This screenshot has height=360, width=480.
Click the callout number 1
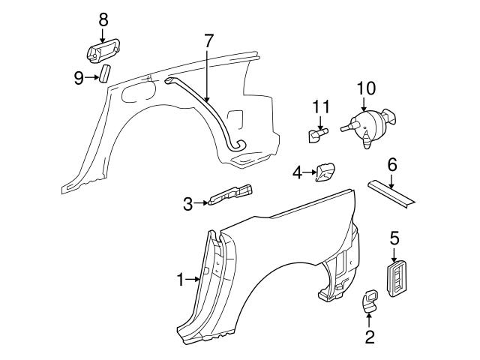(x=181, y=280)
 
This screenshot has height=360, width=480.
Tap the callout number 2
(x=370, y=337)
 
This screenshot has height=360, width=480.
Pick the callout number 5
(x=395, y=239)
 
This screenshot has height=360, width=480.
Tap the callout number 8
(x=103, y=17)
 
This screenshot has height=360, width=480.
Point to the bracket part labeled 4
(x=325, y=172)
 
